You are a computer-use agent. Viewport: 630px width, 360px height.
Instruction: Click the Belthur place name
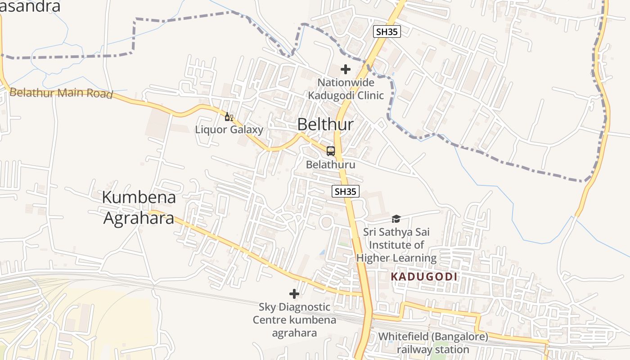(325, 125)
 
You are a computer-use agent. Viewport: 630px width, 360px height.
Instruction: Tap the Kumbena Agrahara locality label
(139, 207)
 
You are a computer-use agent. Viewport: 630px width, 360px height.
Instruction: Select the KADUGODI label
(424, 277)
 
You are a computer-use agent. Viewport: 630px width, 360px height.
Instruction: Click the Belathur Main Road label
(61, 93)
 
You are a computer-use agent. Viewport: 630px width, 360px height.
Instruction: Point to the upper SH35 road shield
(387, 31)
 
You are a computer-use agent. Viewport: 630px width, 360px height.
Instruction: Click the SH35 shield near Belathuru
(346, 191)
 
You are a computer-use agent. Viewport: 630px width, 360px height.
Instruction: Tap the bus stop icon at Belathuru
(331, 151)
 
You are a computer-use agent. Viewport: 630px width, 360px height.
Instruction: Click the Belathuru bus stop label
(330, 165)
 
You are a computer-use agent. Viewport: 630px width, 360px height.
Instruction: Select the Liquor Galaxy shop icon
(229, 117)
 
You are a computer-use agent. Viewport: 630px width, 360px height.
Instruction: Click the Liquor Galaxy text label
(229, 130)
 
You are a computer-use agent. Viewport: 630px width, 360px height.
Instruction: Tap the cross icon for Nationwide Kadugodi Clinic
(346, 69)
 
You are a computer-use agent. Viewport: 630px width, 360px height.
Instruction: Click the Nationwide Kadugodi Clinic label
(346, 89)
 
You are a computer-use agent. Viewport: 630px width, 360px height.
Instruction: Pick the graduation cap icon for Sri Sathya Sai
(396, 219)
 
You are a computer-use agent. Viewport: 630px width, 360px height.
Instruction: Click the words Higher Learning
(396, 258)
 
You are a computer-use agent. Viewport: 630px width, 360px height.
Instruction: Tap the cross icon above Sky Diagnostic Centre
(294, 294)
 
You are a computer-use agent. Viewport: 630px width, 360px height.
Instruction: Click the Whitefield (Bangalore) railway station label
(432, 343)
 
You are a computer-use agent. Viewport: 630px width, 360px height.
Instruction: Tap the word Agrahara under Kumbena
(139, 218)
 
